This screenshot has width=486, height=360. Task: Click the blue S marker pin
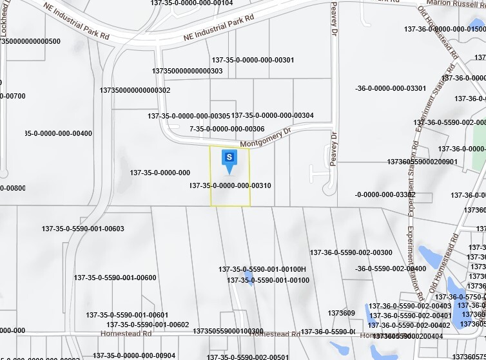click(x=229, y=158)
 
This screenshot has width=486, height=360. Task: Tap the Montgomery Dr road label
click(x=266, y=138)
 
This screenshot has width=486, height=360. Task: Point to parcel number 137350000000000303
click(x=188, y=71)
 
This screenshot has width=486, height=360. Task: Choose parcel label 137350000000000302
click(x=135, y=90)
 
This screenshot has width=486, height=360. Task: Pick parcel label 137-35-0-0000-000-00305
click(x=189, y=116)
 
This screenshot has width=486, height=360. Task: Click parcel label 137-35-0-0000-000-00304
click(x=273, y=115)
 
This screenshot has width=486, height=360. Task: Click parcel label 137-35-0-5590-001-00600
click(x=115, y=278)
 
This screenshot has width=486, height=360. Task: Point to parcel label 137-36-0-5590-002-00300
click(x=351, y=252)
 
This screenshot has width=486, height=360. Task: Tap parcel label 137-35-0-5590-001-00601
click(x=128, y=315)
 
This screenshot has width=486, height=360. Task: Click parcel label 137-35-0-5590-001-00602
click(x=148, y=325)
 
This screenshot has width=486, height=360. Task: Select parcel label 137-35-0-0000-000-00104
click(x=191, y=3)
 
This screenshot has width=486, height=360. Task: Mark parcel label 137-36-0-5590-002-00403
click(x=410, y=306)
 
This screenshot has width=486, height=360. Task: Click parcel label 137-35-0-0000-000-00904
click(x=134, y=355)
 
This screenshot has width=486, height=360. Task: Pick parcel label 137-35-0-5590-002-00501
click(x=248, y=357)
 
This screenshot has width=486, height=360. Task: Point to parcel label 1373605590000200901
click(x=422, y=162)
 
